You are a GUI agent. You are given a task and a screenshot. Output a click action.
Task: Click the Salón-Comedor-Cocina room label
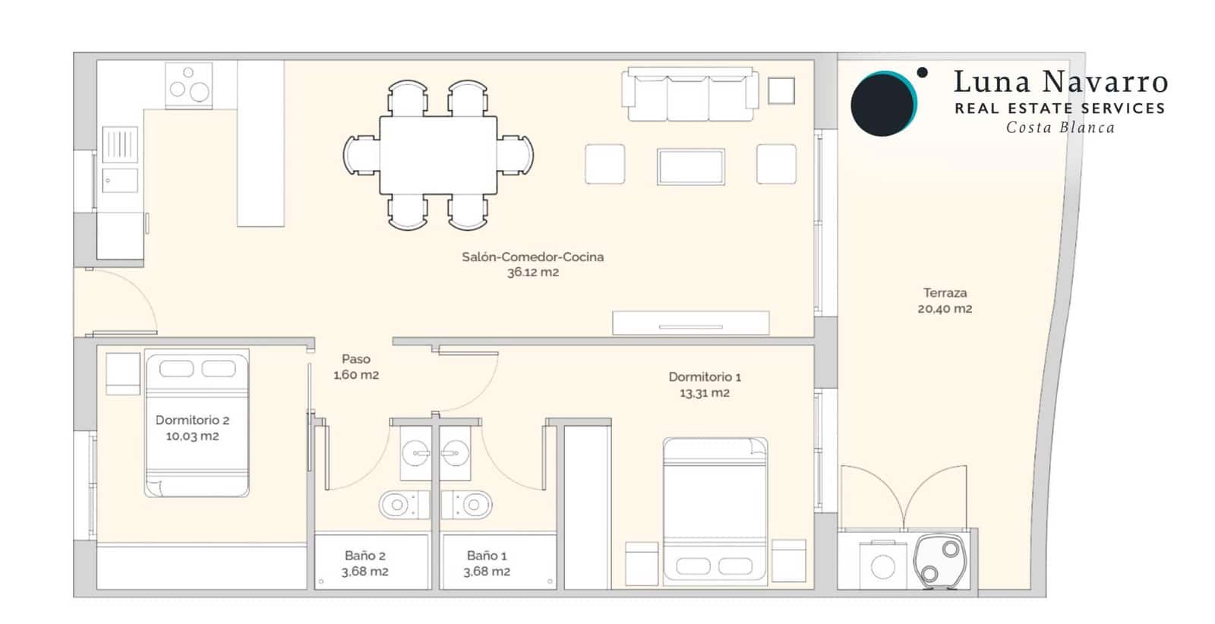click(532, 257)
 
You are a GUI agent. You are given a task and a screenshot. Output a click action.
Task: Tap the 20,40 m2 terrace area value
click(945, 309)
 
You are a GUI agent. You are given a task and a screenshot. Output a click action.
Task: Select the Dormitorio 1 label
click(705, 377)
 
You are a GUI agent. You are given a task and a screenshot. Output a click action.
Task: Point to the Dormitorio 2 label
click(192, 420)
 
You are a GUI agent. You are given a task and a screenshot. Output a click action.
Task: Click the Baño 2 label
click(364, 556)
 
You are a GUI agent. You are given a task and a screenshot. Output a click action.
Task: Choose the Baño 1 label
click(487, 556)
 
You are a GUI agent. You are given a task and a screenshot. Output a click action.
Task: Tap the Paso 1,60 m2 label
click(355, 367)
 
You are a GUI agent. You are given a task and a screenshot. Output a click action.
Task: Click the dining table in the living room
click(438, 155)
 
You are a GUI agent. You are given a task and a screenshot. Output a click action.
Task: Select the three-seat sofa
click(690, 96)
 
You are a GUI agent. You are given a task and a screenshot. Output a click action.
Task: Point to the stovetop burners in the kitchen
click(188, 85)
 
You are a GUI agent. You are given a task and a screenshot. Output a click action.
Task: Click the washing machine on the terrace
click(882, 566)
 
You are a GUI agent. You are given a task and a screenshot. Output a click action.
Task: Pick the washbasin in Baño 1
click(455, 455)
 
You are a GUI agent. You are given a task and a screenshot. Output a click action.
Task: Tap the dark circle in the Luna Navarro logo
click(881, 105)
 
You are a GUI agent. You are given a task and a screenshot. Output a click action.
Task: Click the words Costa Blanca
click(1060, 128)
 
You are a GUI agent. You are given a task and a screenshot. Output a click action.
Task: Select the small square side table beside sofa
click(781, 91)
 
